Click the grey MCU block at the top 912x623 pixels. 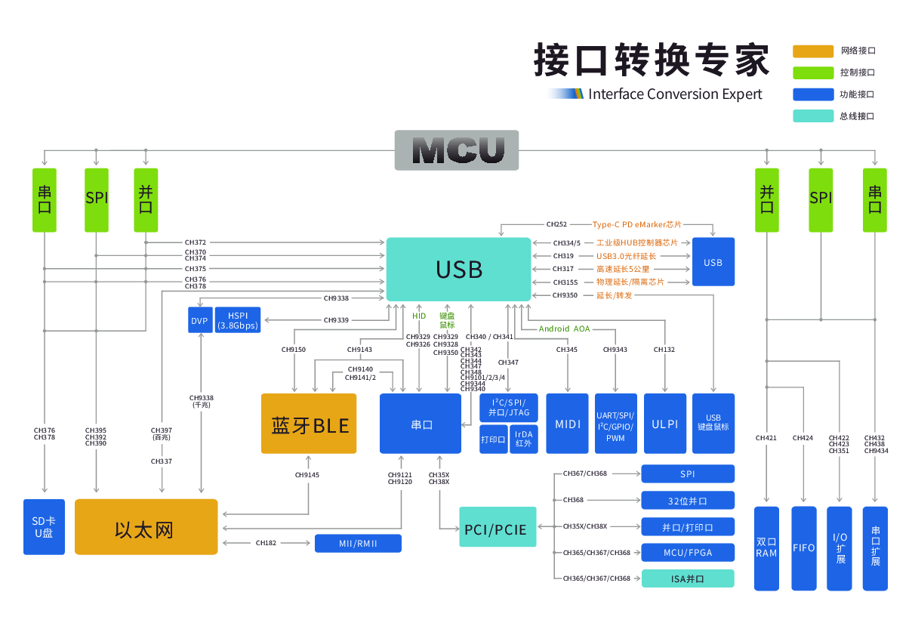coord(457,150)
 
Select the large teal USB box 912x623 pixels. coord(458,269)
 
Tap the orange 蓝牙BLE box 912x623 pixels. coord(309,424)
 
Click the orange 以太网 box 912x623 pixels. coord(146,527)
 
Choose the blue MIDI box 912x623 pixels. coord(567,424)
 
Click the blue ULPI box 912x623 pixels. coord(664,424)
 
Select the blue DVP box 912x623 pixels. coord(199,320)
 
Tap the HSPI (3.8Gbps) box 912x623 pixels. coord(238,320)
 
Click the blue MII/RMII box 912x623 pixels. coord(358,543)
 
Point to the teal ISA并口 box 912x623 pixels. coord(687,579)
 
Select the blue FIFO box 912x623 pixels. coord(803,548)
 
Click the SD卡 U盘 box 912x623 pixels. coord(44,527)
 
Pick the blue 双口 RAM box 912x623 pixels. coord(766,548)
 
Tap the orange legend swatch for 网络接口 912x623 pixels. coord(812,51)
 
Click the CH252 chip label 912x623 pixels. coord(556,224)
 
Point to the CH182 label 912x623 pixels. coord(266,543)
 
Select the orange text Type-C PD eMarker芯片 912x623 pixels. coord(636,224)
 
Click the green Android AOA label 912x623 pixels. coord(564,328)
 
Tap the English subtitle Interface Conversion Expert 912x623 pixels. coord(675,94)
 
